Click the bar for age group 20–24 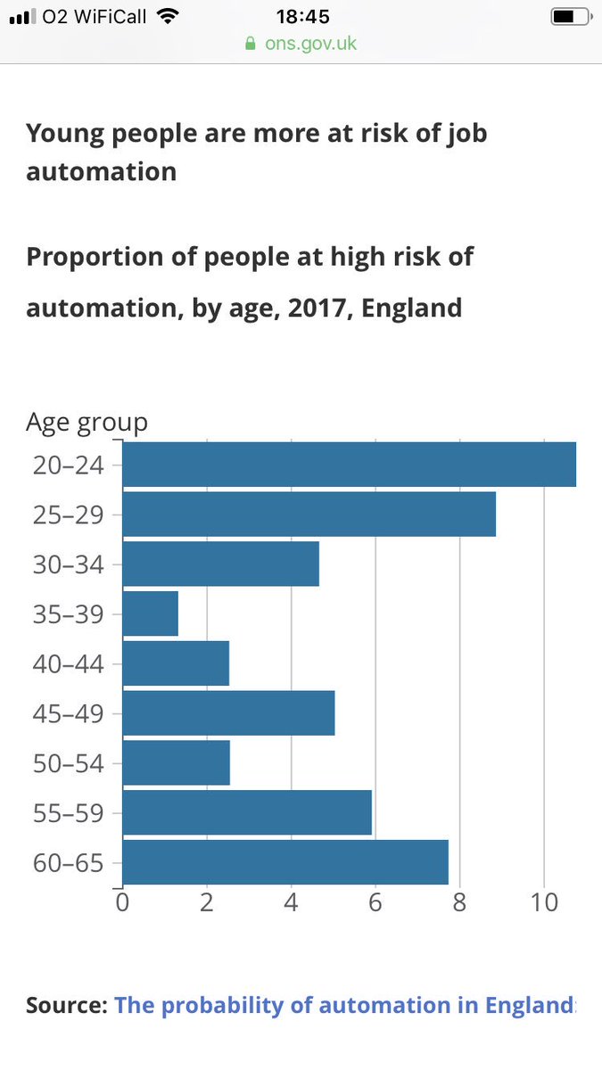[349, 465]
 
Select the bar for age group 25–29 [309, 514]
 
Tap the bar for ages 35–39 [150, 613]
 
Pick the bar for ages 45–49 [228, 712]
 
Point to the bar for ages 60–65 [285, 862]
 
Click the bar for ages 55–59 [247, 812]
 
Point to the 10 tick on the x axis [544, 902]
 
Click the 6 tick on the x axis [375, 902]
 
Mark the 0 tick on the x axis [122, 902]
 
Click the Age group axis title [87, 422]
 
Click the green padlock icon [250, 43]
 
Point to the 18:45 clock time [301, 17]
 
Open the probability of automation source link [344, 1006]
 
